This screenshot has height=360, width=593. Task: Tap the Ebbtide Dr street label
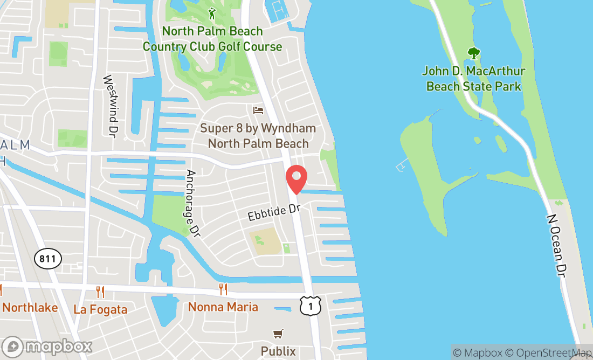[273, 212]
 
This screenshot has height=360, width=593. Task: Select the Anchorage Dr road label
[192, 204]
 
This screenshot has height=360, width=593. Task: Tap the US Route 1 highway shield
[311, 306]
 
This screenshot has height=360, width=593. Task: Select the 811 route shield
[47, 259]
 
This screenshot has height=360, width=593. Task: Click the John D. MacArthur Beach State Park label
[473, 79]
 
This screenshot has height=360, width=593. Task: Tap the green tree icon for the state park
[473, 53]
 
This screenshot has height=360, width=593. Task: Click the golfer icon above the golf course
[212, 13]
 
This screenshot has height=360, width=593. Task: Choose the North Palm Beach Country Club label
[212, 39]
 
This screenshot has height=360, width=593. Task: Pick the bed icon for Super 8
[258, 110]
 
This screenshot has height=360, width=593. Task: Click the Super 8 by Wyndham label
[258, 136]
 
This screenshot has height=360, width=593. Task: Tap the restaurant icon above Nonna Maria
[223, 289]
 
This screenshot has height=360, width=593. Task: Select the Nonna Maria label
[223, 307]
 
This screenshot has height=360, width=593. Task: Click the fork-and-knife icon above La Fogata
[100, 292]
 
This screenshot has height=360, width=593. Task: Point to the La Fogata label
[100, 309]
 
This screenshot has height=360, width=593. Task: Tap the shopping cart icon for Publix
[278, 334]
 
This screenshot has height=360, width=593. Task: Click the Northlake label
[30, 308]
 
